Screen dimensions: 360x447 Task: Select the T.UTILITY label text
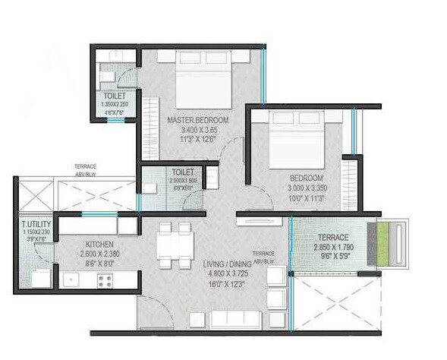(x=36, y=226)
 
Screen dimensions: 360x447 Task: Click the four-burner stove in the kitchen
(x=105, y=280)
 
